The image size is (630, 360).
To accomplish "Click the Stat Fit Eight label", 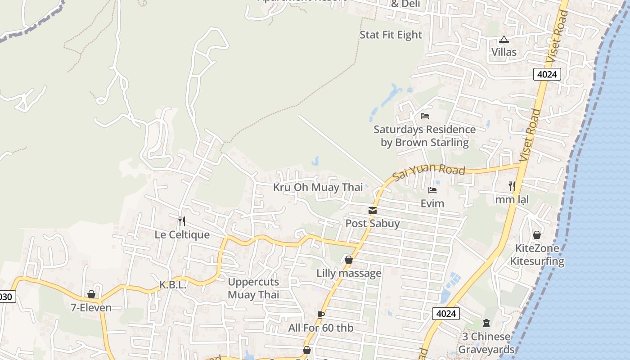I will tap(391, 35).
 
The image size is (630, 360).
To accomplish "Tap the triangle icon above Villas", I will tap(504, 40).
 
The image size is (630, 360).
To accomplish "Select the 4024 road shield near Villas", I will tap(547, 74).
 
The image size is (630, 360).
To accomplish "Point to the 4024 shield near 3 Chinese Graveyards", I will tap(446, 314).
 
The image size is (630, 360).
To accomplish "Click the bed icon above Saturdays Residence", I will tap(424, 116).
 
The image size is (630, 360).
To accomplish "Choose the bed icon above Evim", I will tap(432, 190).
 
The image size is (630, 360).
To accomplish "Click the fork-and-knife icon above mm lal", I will tap(512, 185).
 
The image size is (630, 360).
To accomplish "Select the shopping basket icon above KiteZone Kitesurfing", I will tap(536, 235).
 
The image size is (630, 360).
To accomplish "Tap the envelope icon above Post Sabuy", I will tap(373, 210).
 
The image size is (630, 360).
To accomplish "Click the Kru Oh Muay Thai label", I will tap(318, 187).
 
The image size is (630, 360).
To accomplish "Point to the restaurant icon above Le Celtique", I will tap(182, 221).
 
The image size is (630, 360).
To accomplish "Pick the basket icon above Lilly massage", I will tap(348, 260).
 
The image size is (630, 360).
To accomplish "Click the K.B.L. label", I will tap(173, 285).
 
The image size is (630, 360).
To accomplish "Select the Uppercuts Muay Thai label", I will tap(253, 288).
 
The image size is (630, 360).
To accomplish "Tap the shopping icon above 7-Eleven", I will tap(91, 294).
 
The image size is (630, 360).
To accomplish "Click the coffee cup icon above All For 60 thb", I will tap(320, 315).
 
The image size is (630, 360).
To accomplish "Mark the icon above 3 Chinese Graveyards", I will tap(486, 323).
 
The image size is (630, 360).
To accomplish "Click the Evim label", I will tap(432, 204).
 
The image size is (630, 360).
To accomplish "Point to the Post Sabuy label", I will tap(372, 224).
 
